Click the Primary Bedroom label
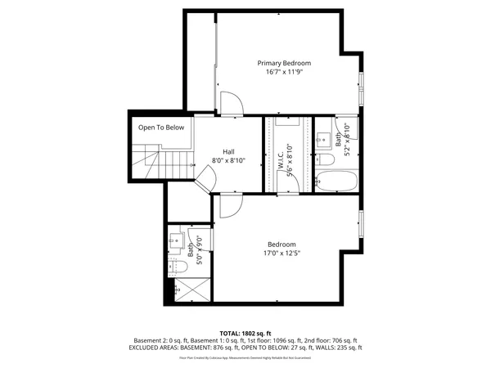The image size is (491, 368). (x=284, y=63)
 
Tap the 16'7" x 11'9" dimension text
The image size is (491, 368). (x=284, y=72)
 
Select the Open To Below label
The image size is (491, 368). (x=161, y=128)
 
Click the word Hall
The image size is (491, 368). (x=229, y=151)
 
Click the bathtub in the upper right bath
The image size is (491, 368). (x=335, y=181)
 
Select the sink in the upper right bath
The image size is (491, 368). (x=322, y=137)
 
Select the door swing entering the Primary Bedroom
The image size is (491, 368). (x=232, y=104)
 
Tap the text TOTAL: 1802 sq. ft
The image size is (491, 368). (x=245, y=333)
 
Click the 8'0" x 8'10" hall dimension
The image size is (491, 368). (x=229, y=160)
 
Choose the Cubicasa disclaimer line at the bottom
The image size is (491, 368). (x=245, y=357)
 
